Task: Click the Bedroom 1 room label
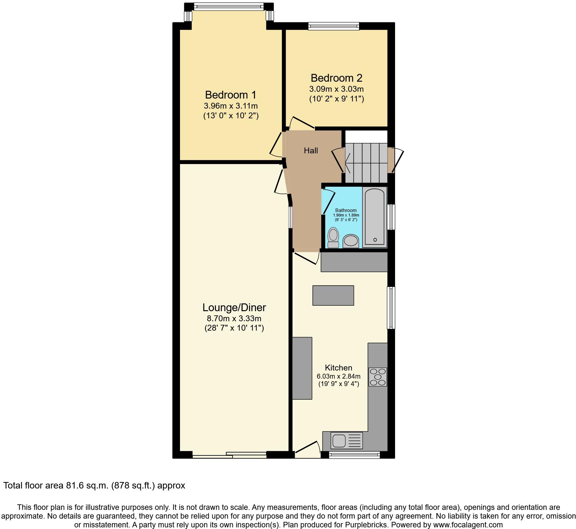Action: tap(231, 95)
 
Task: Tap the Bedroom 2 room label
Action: tap(336, 78)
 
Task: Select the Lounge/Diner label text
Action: tap(234, 308)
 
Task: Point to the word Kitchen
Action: tap(339, 368)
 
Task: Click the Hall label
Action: tap(311, 150)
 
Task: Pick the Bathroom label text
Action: tap(346, 210)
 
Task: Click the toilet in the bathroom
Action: tap(333, 237)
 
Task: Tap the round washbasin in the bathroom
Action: tap(351, 241)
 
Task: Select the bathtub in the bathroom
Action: tap(375, 216)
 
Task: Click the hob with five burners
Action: tap(378, 377)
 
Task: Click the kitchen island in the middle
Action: tap(333, 295)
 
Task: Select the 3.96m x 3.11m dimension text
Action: tap(231, 106)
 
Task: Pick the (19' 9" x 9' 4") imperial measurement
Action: tap(339, 385)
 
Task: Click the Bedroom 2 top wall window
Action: tap(334, 26)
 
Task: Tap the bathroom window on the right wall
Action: tap(392, 217)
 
